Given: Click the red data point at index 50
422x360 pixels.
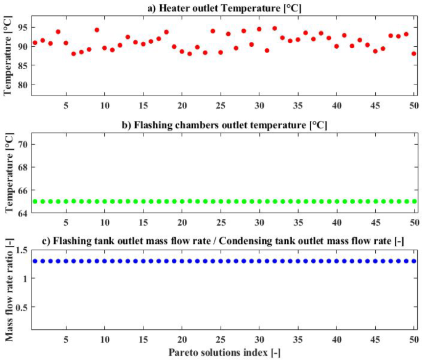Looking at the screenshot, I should tap(414, 54).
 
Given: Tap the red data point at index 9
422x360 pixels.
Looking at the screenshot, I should tap(97, 30).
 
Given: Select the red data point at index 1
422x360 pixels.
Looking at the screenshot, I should tap(35, 43).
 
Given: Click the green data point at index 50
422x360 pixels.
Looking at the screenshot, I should tap(414, 202).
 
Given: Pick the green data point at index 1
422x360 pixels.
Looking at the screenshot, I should tap(35, 202).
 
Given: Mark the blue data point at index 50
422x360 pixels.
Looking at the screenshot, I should tap(414, 261).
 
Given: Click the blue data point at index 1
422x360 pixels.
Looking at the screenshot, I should tap(35, 261).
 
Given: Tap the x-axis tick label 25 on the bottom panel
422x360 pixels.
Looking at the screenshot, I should tap(221, 340).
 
